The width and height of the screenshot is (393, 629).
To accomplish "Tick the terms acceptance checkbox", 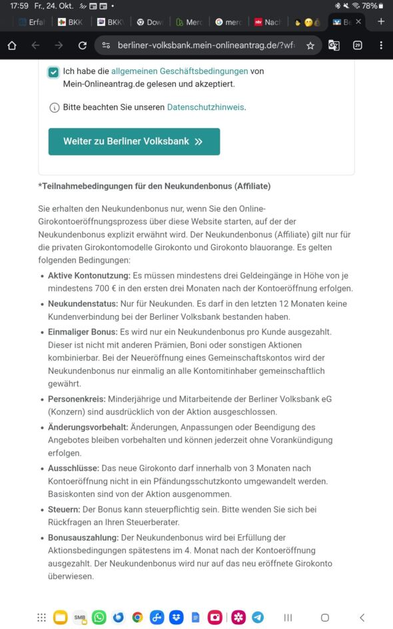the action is [x=53, y=72].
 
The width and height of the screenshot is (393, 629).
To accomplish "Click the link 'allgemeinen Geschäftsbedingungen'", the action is [x=179, y=71].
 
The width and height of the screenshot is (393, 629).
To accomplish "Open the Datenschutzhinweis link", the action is [x=205, y=107].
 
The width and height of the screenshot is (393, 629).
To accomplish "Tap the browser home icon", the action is [x=12, y=45].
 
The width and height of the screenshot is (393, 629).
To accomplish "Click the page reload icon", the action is [x=83, y=45].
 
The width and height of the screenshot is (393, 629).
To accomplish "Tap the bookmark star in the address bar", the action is [x=310, y=45].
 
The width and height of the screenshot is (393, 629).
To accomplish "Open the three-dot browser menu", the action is [x=381, y=45].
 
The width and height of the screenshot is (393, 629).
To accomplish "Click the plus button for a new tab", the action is [x=381, y=22].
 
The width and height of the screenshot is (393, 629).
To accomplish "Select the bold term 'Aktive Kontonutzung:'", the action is [x=89, y=275].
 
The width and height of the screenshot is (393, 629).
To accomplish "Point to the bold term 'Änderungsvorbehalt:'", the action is [x=88, y=427].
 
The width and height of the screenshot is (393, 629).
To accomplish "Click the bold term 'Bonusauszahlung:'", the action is [x=83, y=538].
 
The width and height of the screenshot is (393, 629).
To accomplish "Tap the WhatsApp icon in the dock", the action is [x=99, y=617].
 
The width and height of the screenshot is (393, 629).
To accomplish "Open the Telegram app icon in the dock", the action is [x=257, y=617].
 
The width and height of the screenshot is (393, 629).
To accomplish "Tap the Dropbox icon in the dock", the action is [x=177, y=617].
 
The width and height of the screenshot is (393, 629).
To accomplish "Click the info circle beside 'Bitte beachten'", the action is [x=55, y=107].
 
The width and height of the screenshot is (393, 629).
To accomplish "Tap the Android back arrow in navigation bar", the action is [x=362, y=617].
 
